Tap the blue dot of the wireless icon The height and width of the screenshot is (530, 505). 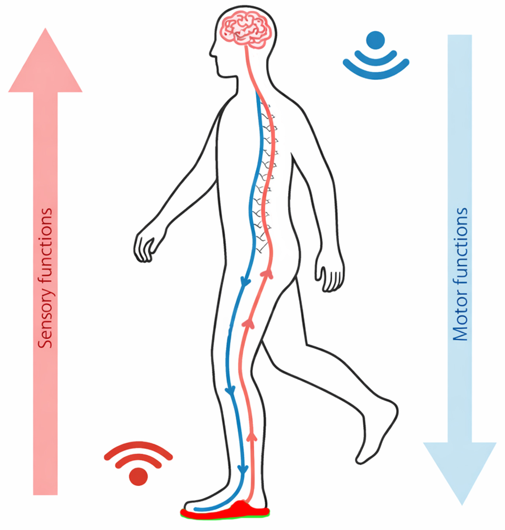(375, 40)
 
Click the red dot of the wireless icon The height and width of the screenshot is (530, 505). (138, 476)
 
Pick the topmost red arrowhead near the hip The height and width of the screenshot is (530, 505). (265, 274)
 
